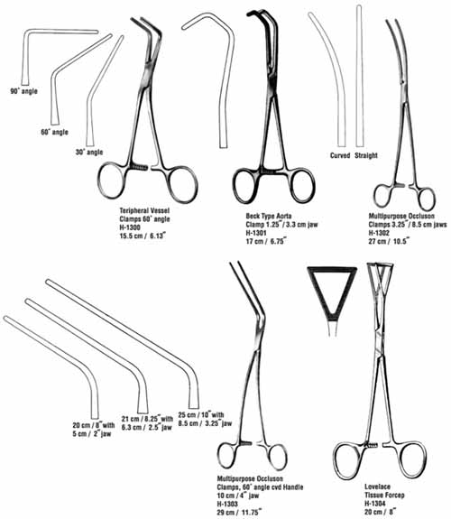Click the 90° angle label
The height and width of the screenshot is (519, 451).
click(x=23, y=91)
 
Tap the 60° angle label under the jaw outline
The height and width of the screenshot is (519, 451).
click(x=55, y=132)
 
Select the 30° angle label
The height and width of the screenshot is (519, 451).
click(x=89, y=153)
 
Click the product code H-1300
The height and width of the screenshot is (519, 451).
click(x=130, y=227)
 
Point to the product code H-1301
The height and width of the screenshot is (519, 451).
click(x=256, y=233)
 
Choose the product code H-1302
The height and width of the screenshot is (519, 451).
click(x=379, y=233)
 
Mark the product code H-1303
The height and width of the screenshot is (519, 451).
click(x=227, y=504)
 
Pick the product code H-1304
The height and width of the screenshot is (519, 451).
click(x=375, y=504)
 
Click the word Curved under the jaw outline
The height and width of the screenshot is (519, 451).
click(x=340, y=155)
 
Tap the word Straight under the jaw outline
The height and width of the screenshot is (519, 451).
click(x=366, y=155)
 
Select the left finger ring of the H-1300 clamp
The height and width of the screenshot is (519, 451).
click(x=98, y=181)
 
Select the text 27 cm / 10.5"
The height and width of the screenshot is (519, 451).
click(x=389, y=241)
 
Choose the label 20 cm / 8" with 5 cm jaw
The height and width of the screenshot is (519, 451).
click(x=94, y=430)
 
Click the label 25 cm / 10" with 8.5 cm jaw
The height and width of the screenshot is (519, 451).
click(x=205, y=419)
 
